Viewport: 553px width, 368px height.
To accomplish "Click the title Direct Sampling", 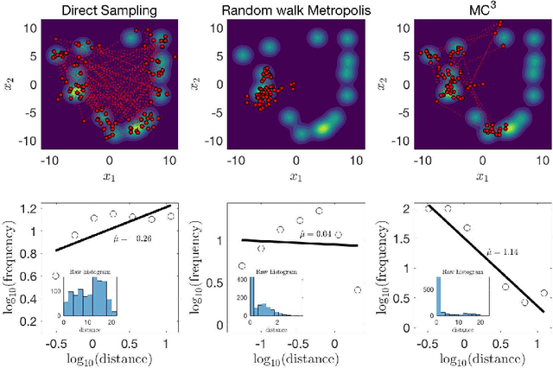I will pyautogui.click(x=108, y=10).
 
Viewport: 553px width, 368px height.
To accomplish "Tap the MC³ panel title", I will pyautogui.click(x=482, y=10).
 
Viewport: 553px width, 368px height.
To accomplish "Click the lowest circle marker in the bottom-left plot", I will pyautogui.click(x=56, y=276).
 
